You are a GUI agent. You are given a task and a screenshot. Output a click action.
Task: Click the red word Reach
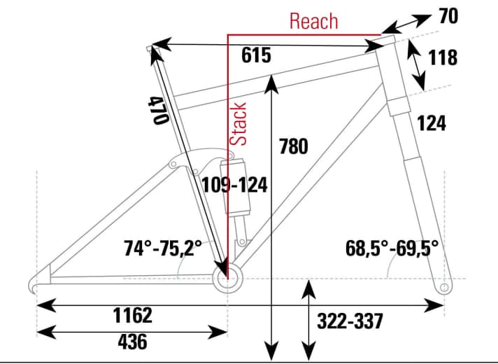pos(314,20)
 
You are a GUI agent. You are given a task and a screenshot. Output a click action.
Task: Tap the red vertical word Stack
pos(240,123)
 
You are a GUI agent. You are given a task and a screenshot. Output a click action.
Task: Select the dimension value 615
pos(256,57)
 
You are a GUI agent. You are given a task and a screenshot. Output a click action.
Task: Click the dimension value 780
pos(294,147)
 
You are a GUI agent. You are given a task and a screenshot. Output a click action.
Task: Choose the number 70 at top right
pos(448,15)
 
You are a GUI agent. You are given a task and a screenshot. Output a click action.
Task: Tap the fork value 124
pos(432,124)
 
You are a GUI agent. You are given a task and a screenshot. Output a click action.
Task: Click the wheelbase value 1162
pos(132,316)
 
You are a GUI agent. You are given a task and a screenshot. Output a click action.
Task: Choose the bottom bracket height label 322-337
pos(350,321)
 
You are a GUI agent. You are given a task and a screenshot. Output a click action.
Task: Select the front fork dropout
pos(442,288)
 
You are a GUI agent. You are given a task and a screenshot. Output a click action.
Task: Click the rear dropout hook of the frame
pos(35,283)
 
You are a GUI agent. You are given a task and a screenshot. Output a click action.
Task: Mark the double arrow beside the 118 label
pos(417,64)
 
